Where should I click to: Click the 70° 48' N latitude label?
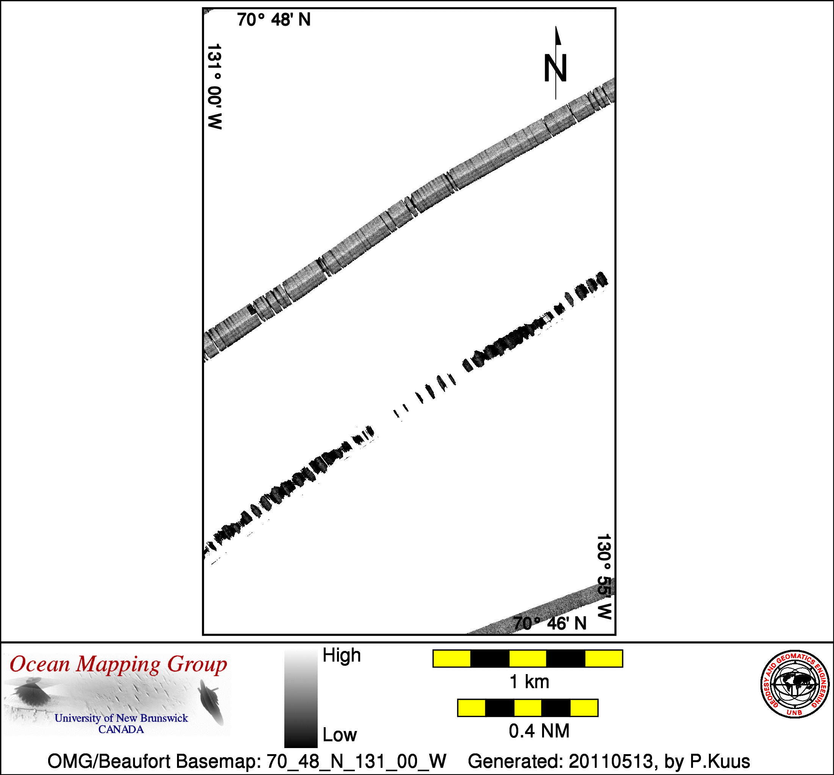pyautogui.click(x=274, y=20)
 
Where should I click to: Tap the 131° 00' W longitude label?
pyautogui.click(x=214, y=86)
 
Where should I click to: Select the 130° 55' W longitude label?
pyautogui.click(x=604, y=577)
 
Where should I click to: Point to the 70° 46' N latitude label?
pyautogui.click(x=550, y=624)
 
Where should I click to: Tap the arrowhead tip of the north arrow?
pyautogui.click(x=556, y=27)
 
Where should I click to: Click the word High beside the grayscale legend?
pyautogui.click(x=342, y=655)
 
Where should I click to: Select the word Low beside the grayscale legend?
pyautogui.click(x=339, y=735)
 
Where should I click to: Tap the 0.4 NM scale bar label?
pyautogui.click(x=539, y=731)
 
